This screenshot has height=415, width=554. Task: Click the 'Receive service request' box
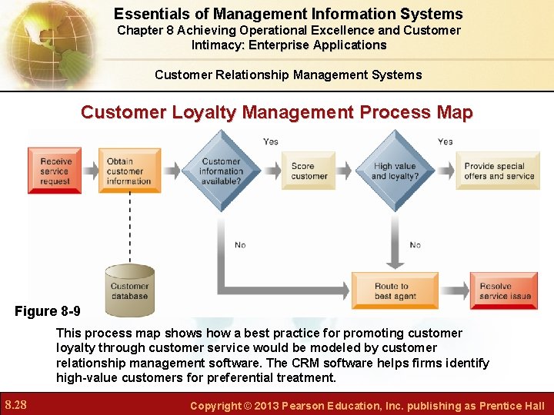(55, 171)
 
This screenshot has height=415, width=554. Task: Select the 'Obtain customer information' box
(129, 171)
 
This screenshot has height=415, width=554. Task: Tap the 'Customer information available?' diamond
(221, 171)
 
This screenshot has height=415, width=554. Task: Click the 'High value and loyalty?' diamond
(395, 171)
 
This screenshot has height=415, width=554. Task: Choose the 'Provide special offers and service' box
(499, 171)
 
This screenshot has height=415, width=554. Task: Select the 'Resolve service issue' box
(504, 290)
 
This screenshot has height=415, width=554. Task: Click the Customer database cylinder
(129, 290)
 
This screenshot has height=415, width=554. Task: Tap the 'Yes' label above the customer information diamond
(271, 141)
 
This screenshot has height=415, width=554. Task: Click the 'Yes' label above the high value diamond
(445, 141)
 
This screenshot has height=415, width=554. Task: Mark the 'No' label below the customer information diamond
(240, 245)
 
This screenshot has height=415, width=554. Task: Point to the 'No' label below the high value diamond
(415, 245)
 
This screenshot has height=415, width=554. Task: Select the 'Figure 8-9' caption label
(47, 311)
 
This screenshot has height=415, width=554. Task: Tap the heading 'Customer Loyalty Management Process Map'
(277, 112)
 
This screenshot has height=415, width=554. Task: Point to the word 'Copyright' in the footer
(215, 406)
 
